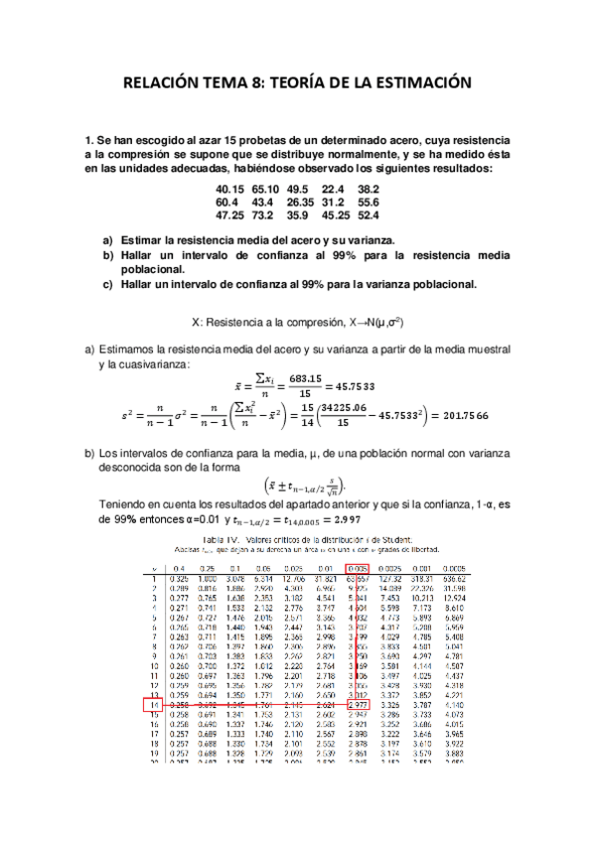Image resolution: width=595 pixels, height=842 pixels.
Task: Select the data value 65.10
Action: (265, 189)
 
